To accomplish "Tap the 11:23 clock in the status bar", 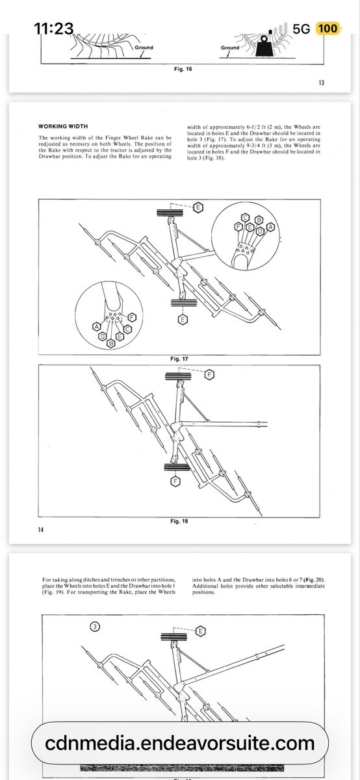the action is [x=54, y=28].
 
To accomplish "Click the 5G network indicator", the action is [x=301, y=29].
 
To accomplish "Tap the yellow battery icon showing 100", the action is [x=328, y=28].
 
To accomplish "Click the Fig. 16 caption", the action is [x=183, y=69].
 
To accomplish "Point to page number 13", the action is [x=321, y=83].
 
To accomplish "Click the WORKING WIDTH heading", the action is [x=63, y=126].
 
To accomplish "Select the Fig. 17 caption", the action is [x=179, y=359].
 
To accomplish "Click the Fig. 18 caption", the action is [x=179, y=521].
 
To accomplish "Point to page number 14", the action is [x=41, y=530].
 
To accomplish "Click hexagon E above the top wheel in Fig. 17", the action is [x=198, y=207].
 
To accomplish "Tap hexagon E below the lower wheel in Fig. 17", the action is [x=183, y=319].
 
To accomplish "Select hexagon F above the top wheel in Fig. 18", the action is [x=209, y=374].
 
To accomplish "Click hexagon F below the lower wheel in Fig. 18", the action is [x=175, y=482].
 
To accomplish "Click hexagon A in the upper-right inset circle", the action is [x=270, y=227].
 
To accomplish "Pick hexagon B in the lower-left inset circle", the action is [x=110, y=343].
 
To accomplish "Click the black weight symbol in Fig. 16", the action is [x=265, y=47].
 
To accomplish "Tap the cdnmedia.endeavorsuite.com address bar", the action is [x=180, y=743].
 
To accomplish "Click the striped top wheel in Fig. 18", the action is [x=178, y=376].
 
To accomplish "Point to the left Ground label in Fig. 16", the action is [x=144, y=47].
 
